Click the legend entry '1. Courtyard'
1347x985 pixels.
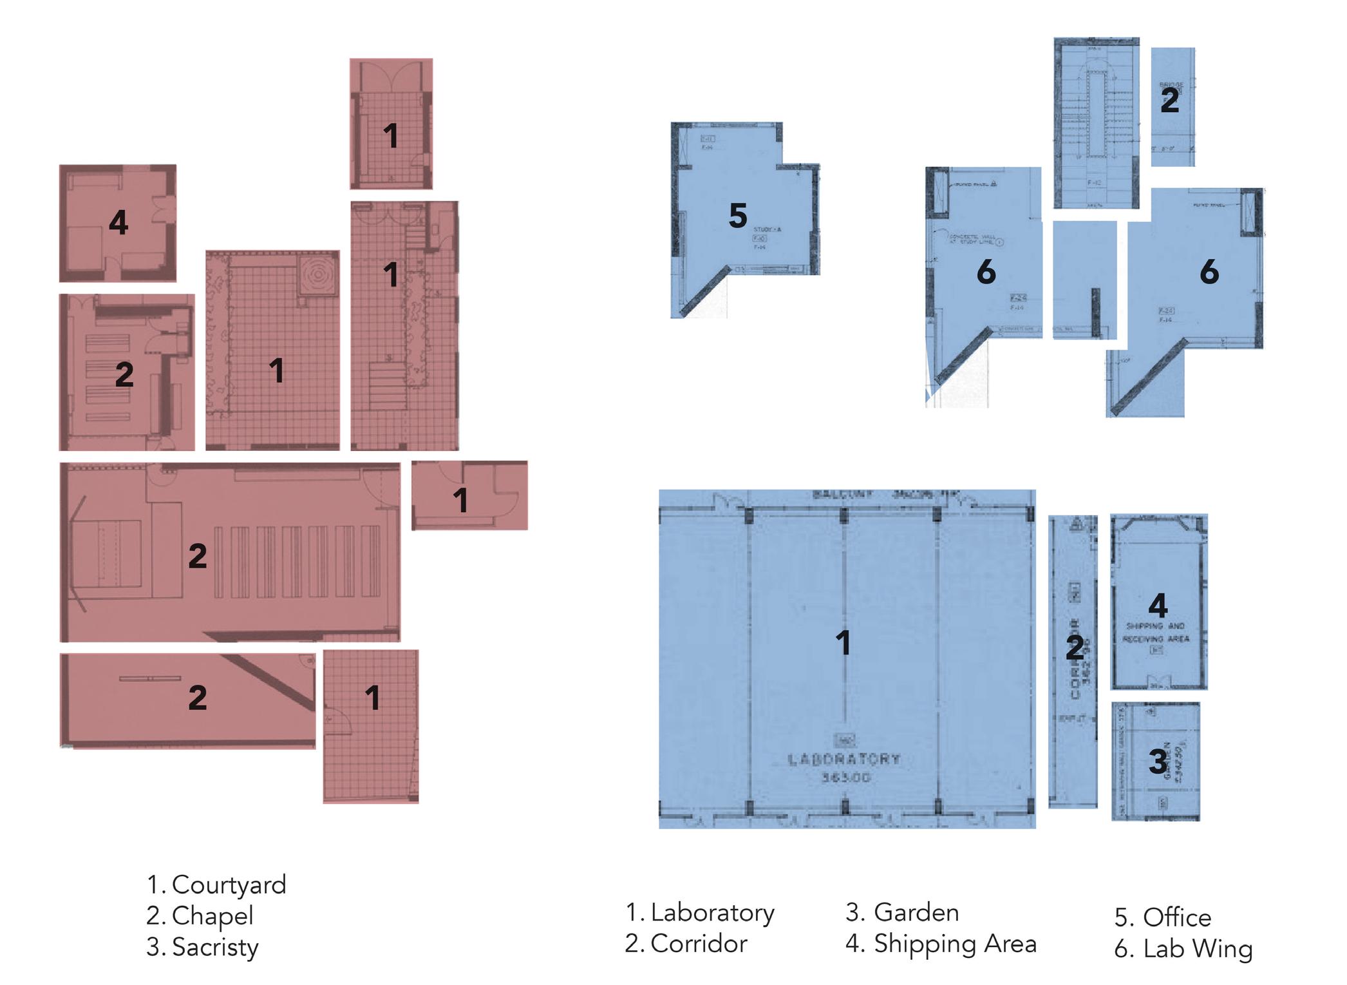pos(216,885)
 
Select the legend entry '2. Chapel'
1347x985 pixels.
pos(200,916)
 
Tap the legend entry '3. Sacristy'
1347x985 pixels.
pos(202,947)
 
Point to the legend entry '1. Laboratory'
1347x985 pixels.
pos(700,913)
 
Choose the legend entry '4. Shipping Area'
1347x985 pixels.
pos(941,944)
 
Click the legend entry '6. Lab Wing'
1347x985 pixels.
pos(1183,949)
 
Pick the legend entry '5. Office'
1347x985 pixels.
pos(1163,917)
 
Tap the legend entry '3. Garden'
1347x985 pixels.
pos(902,913)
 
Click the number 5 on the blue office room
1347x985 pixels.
pos(738,216)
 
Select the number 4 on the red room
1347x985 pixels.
pos(118,223)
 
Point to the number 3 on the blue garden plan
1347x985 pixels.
pos(1157,762)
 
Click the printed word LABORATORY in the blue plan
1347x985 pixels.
pos(844,760)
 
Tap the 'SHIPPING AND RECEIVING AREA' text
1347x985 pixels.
pos(1156,633)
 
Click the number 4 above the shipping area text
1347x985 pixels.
pos(1158,606)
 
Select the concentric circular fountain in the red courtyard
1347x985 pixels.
pos(318,274)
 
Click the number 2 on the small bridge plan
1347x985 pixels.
pos(1170,101)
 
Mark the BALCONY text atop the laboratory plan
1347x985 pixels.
pos(843,495)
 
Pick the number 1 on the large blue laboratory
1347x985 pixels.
pos(843,643)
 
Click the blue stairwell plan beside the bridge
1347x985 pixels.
pos(1096,122)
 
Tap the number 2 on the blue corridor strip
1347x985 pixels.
pos(1073,647)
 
